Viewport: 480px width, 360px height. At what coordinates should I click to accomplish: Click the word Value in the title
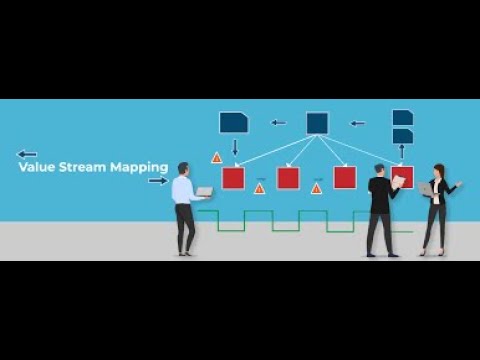tap(37, 168)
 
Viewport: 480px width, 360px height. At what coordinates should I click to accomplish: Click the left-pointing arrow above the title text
tap(27, 154)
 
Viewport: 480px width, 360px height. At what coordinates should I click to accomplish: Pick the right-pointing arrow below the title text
tap(158, 181)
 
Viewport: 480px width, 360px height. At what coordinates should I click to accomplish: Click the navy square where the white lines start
tap(317, 122)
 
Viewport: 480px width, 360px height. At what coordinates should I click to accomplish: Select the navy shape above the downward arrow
tap(234, 122)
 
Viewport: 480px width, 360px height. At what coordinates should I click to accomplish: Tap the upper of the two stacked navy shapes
tap(402, 117)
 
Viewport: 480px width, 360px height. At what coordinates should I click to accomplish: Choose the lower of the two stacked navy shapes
tap(402, 135)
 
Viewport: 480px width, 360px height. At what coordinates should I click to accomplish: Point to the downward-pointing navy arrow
tap(235, 148)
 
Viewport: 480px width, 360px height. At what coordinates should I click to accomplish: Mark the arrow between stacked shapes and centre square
tap(357, 123)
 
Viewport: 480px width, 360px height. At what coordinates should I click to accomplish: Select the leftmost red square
tap(233, 178)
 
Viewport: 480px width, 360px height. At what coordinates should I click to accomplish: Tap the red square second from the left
tap(289, 178)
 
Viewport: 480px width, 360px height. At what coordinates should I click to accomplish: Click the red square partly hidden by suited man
tap(404, 178)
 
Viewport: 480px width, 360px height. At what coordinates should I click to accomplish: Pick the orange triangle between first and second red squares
tap(260, 187)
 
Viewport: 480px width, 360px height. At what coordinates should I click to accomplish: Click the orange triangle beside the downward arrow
tap(216, 158)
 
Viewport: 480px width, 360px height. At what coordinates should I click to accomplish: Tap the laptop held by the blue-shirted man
tap(204, 191)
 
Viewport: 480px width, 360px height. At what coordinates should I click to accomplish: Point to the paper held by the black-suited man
tap(398, 181)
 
